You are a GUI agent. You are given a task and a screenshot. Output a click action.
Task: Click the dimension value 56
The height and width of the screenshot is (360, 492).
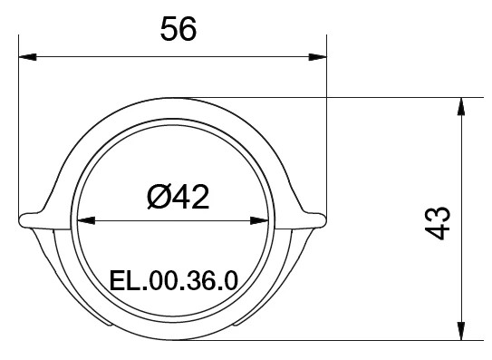pos(178,29)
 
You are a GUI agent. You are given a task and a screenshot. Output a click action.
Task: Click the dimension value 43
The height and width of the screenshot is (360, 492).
pos(438,223)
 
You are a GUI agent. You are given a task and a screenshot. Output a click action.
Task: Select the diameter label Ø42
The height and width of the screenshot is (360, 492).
pos(178,197)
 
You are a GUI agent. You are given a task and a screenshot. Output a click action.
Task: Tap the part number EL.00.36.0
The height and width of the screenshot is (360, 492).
pos(174,280)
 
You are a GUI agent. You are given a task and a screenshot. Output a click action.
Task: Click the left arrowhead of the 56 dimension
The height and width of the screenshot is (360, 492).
pos(27,57)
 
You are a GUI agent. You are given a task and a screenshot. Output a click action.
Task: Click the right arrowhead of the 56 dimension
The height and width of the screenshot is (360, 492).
pos(317,57)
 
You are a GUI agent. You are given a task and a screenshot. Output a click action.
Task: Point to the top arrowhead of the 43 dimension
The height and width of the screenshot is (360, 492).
pos(461,106)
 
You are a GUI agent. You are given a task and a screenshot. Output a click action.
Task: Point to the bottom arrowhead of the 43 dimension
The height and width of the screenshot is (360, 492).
pos(461,331)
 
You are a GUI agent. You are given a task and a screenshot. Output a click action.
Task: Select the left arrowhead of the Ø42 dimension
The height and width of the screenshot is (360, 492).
pos(86,220)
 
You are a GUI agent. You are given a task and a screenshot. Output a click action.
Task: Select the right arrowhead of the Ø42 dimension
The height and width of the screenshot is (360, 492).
pos(259,220)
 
